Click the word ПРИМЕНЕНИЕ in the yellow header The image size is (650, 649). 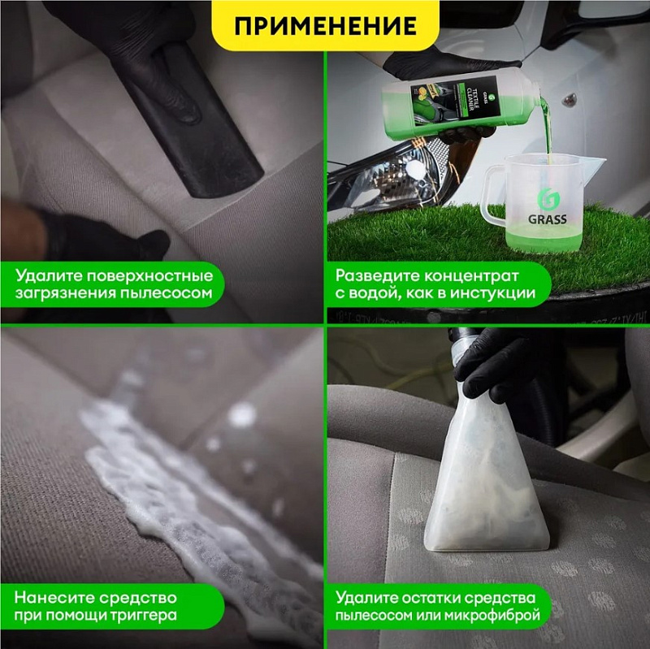pyautogui.click(x=325, y=25)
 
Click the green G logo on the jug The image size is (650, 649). pyautogui.click(x=546, y=198)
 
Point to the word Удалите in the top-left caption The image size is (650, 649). pyautogui.click(x=44, y=274)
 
